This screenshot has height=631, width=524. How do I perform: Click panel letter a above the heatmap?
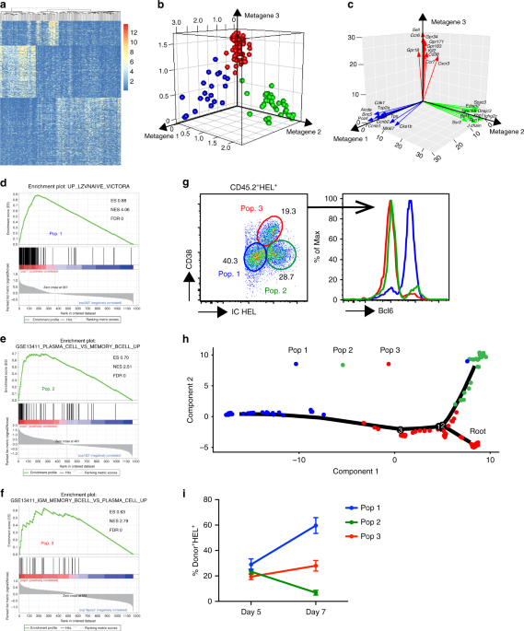5,6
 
